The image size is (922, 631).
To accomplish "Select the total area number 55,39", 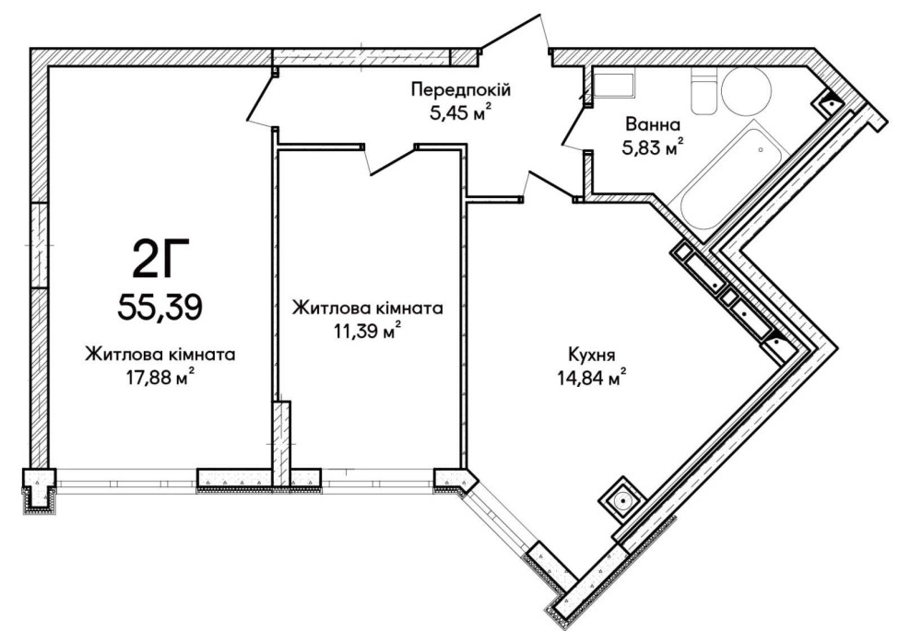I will click(x=159, y=304).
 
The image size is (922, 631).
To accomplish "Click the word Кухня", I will click(x=592, y=352).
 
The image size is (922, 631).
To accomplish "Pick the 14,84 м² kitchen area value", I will click(x=592, y=376).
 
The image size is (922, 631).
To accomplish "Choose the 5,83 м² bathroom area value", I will click(x=651, y=146).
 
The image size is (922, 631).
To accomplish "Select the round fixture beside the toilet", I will click(x=748, y=92).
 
